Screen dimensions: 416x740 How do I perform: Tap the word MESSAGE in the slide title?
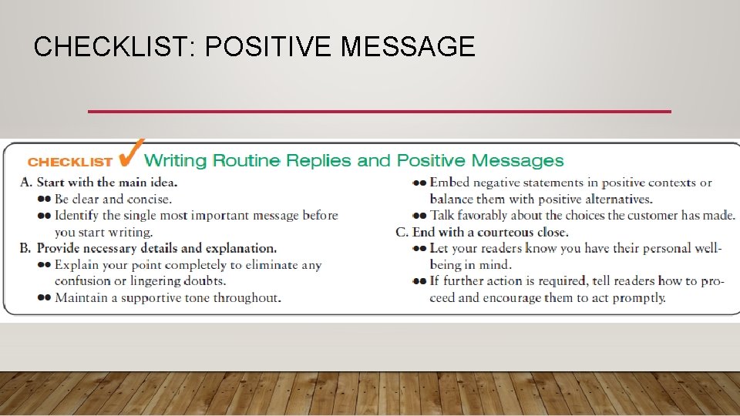pyautogui.click(x=408, y=48)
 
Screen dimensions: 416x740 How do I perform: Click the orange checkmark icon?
pyautogui.click(x=132, y=153)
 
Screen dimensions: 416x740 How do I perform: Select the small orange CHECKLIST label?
pyautogui.click(x=70, y=163)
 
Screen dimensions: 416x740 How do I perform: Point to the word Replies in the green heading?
pyautogui.click(x=320, y=161)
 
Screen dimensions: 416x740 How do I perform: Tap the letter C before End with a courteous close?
pyautogui.click(x=401, y=232)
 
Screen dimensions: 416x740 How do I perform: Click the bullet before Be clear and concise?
pyautogui.click(x=44, y=200)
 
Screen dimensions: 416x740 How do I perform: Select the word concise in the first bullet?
pyautogui.click(x=148, y=199)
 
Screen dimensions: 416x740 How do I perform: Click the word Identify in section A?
pyautogui.click(x=78, y=215)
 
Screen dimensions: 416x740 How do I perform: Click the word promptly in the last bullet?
pyautogui.click(x=639, y=297)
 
